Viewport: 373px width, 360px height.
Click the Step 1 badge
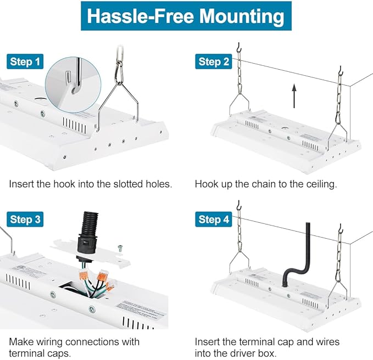25,61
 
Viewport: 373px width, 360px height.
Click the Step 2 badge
213,61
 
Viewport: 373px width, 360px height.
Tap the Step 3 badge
25,219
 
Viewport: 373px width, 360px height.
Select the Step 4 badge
213,219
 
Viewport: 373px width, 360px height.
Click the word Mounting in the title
241,16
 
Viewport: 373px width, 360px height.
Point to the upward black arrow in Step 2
294,95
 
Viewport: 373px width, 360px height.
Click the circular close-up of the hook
73,85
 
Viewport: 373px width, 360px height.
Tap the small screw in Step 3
120,248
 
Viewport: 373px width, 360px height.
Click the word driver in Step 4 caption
245,353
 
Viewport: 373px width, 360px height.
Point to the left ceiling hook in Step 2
239,47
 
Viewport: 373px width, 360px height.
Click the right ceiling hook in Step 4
341,228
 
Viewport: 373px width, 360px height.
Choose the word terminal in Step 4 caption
254,342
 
